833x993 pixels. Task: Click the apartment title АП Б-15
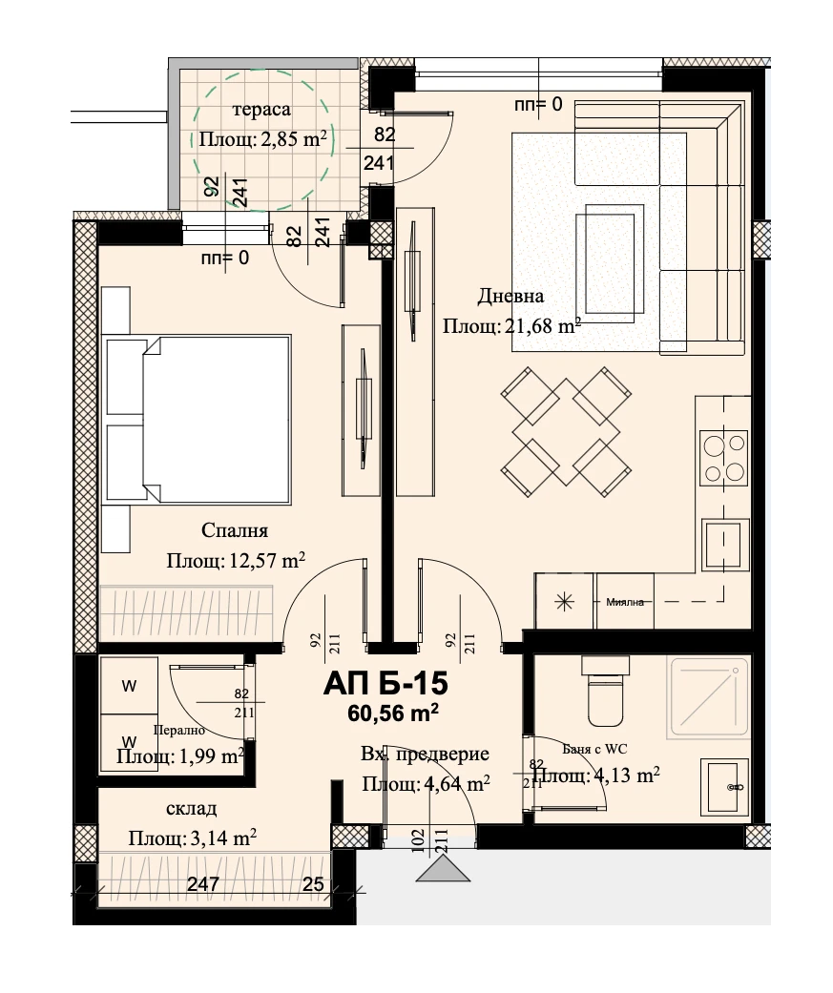[x=385, y=684]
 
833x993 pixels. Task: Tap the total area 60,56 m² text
[x=393, y=714]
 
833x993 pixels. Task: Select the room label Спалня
[x=235, y=530]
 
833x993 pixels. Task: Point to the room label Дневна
[x=510, y=296]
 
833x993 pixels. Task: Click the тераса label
[x=261, y=110]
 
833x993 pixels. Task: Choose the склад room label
[x=191, y=809]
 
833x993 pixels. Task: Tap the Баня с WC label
[x=594, y=749]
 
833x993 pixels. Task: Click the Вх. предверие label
[x=425, y=755]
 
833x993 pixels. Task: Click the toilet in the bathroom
[x=606, y=692]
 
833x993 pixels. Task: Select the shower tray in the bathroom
[x=708, y=698]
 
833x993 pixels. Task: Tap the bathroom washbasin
[x=724, y=787]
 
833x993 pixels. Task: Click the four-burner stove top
[x=723, y=457]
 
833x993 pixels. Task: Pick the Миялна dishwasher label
[x=625, y=602]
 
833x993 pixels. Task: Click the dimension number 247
[x=203, y=883]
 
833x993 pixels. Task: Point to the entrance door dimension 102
[x=418, y=841]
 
